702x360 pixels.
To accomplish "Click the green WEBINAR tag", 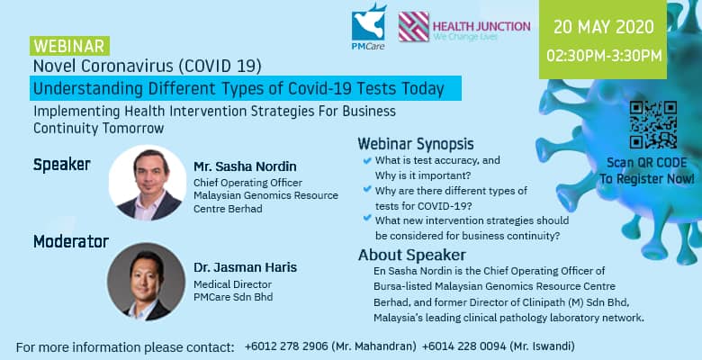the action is click(x=70, y=46).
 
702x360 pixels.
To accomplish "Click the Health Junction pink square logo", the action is click(x=414, y=26).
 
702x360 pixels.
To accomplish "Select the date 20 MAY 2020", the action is click(x=603, y=27).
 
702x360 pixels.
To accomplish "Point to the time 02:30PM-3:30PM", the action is click(x=604, y=56).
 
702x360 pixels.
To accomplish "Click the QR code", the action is click(x=652, y=124).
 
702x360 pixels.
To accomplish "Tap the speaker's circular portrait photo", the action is click(x=148, y=183).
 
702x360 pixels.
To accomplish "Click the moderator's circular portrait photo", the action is click(x=146, y=282).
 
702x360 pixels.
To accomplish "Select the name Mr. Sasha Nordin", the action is click(x=245, y=166).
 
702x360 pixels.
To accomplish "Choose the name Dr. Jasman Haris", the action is click(x=245, y=267).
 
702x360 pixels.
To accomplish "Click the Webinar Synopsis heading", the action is click(x=416, y=144).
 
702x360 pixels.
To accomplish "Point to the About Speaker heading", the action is click(x=412, y=255).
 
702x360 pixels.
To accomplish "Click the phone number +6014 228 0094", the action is click(x=463, y=346).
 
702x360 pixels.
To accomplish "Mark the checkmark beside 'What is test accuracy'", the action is click(x=367, y=160).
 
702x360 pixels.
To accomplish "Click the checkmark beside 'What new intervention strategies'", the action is click(x=367, y=218).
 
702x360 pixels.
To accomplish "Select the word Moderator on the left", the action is click(x=71, y=242).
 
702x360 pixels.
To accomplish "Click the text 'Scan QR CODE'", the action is click(x=646, y=163).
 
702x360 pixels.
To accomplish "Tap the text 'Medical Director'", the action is click(x=232, y=284).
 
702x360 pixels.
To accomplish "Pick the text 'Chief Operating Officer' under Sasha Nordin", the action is click(x=247, y=183).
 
